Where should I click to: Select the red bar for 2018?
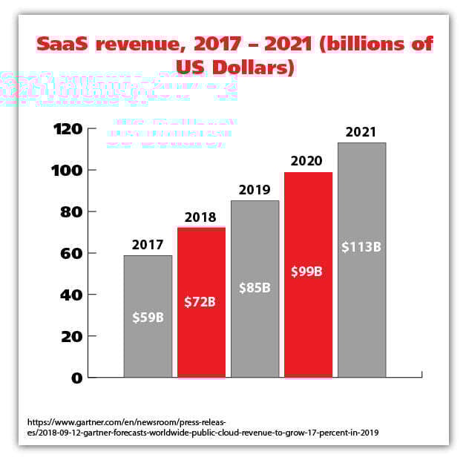click(201, 267)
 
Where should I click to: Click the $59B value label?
click(148, 318)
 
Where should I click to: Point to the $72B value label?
click(201, 302)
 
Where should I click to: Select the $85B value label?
click(255, 286)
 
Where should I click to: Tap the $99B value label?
click(308, 271)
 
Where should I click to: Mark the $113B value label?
click(361, 246)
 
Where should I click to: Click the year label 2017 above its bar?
click(148, 244)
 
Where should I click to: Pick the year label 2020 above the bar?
click(308, 160)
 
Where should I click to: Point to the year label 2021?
click(361, 131)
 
